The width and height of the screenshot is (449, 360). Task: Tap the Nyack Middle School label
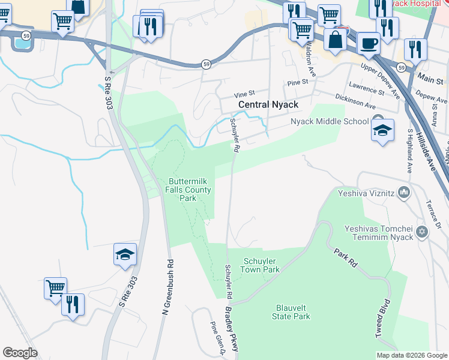click(330, 121)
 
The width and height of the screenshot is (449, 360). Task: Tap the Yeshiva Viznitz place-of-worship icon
click(404, 193)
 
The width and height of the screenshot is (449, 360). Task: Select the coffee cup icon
click(368, 43)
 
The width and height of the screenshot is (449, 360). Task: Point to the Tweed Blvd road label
click(383, 318)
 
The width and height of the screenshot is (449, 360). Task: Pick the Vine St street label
click(244, 94)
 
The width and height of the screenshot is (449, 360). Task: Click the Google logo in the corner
click(20, 353)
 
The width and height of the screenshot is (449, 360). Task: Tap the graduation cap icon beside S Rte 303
click(125, 255)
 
